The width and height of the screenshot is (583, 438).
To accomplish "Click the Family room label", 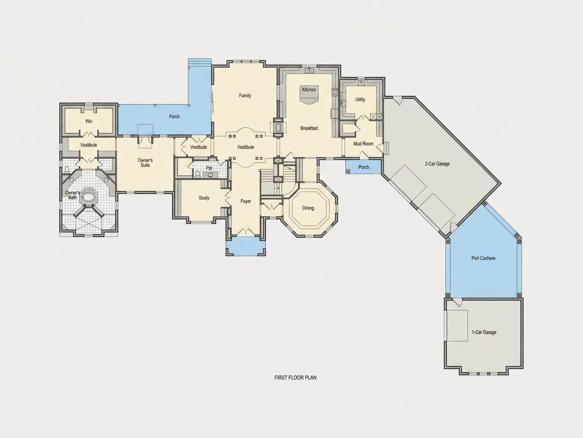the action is [245, 96].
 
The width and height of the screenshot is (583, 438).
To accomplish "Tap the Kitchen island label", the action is [309, 89].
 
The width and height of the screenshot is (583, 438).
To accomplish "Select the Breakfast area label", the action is [309, 128].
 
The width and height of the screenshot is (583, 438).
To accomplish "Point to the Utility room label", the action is [360, 100].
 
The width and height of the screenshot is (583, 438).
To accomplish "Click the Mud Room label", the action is [363, 144].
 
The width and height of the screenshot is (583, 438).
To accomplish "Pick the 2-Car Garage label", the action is [437, 164].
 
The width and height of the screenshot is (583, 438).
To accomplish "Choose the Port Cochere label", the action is [483, 258].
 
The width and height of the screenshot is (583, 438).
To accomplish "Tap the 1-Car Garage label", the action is [484, 332].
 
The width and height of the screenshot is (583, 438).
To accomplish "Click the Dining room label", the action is [308, 208].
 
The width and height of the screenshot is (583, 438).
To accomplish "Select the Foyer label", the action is [246, 201].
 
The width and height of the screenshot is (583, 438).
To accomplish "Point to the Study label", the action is [204, 198].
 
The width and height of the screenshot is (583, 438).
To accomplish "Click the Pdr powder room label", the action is [209, 168].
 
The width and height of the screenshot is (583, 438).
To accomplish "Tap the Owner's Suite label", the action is [145, 163].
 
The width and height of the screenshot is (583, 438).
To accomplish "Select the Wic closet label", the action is [89, 121].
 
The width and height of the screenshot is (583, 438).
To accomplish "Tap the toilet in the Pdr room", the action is [198, 174].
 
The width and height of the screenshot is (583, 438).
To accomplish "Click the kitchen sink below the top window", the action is [309, 70].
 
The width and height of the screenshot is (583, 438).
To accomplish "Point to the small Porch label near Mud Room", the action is [364, 167].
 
